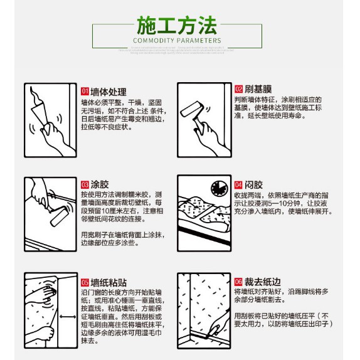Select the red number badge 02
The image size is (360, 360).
tap(239, 89)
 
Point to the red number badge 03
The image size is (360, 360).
tap(85, 184)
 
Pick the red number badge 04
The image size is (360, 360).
tap(238, 185)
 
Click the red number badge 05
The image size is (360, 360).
tap(85, 282)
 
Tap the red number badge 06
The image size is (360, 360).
tap(238, 282)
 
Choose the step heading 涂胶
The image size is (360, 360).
tap(100, 184)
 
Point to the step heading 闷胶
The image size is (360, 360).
tap(253, 185)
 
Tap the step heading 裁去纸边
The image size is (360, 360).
tap(262, 282)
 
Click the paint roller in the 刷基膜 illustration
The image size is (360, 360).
tap(188, 111)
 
